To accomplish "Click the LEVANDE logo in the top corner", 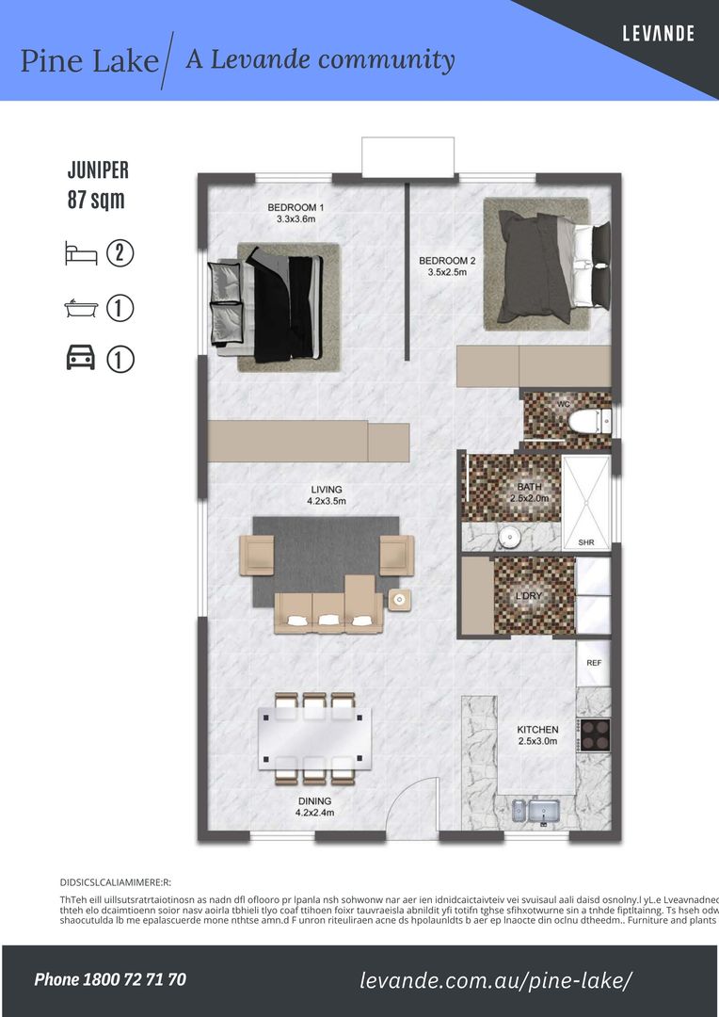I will point(658,34).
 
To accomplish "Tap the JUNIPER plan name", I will point(98,170).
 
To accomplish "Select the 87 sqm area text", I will point(96,200).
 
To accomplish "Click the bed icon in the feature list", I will point(81,252).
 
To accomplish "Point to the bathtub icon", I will point(81,307).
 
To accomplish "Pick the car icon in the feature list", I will point(81,359).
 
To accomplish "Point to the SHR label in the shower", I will point(585,542).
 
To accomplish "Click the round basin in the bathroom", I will point(508,538).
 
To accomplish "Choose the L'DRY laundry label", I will point(528,596).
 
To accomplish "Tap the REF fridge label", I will point(594,663).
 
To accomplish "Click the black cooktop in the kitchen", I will point(595,734).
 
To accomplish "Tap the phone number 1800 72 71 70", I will point(110,979).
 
